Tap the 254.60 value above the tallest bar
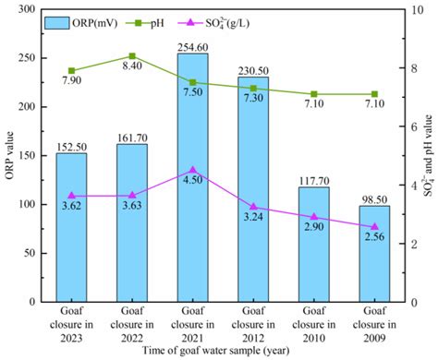[x=193, y=46]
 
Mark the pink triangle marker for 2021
[x=193, y=170]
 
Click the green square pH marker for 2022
[x=132, y=56]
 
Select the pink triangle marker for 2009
[x=375, y=226]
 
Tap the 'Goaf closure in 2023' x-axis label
[x=71, y=325]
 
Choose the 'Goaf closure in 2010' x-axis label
[x=314, y=325]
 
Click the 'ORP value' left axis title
[x=10, y=154]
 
